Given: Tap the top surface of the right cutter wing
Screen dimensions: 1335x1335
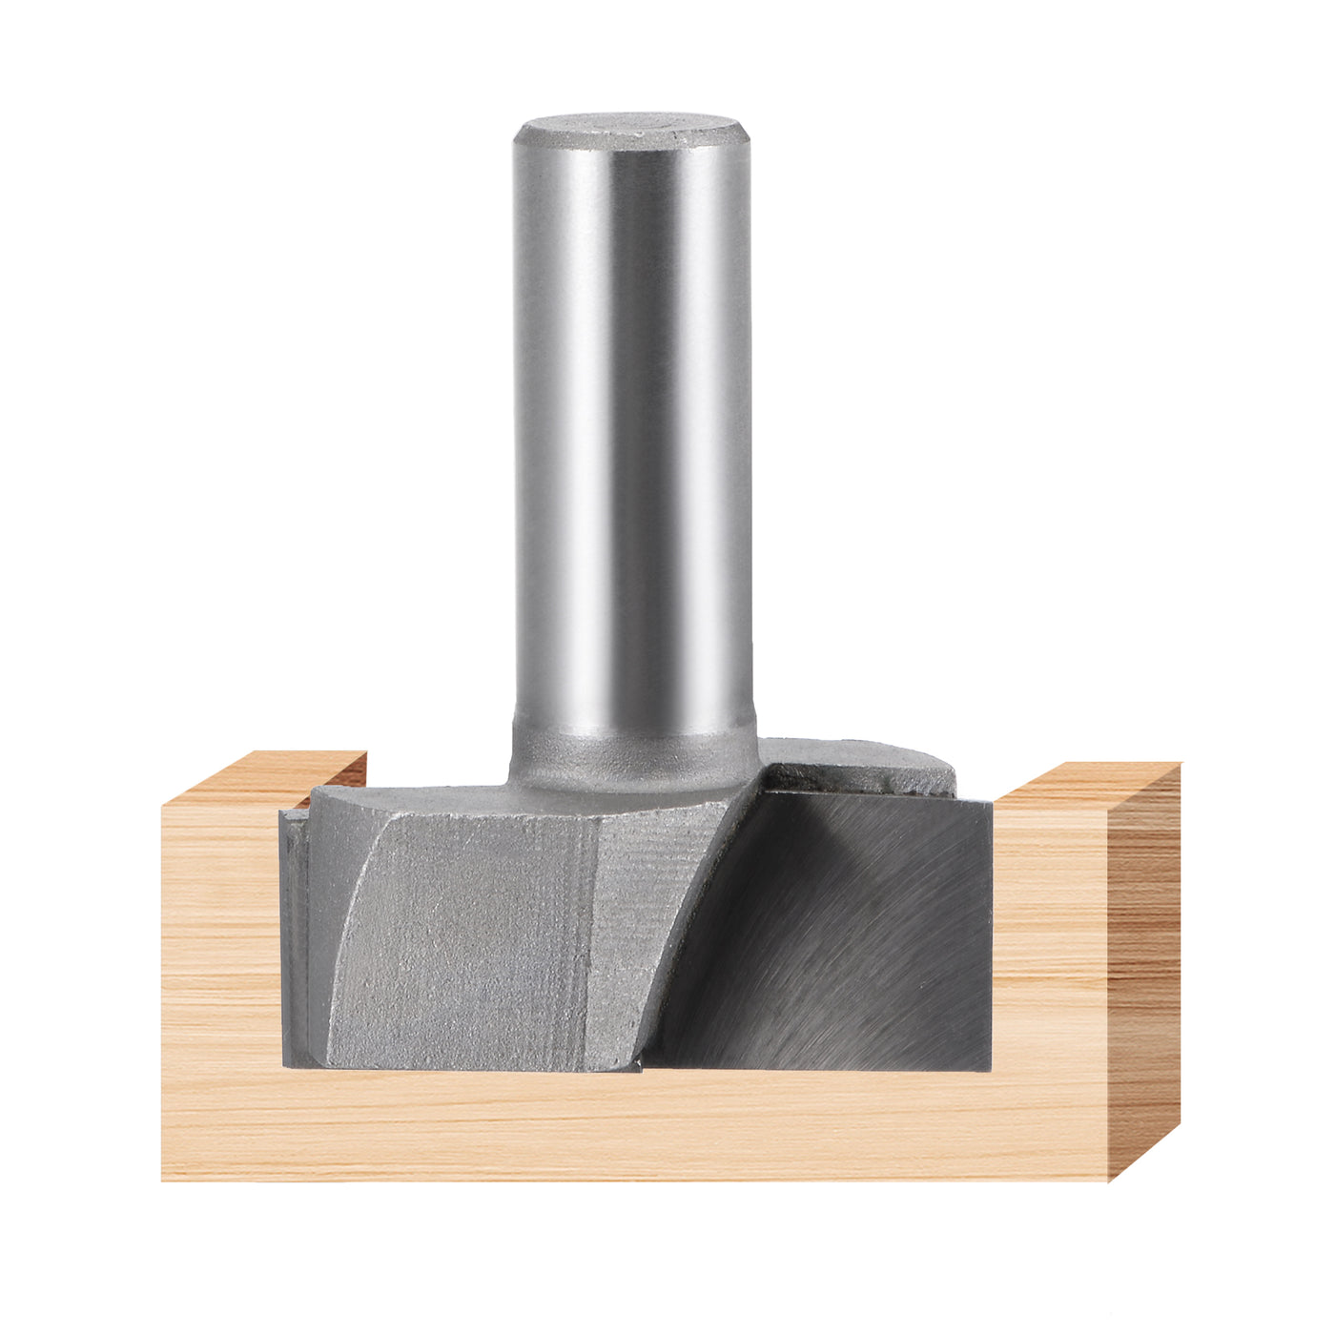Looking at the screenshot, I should tap(858, 758).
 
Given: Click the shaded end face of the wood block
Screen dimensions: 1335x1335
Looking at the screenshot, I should tap(1144, 963).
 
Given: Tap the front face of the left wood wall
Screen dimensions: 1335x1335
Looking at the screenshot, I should tap(219, 954).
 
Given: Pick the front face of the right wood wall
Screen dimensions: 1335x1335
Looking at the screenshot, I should tap(1049, 954).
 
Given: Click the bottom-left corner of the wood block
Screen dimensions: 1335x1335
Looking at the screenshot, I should tap(164, 1179).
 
